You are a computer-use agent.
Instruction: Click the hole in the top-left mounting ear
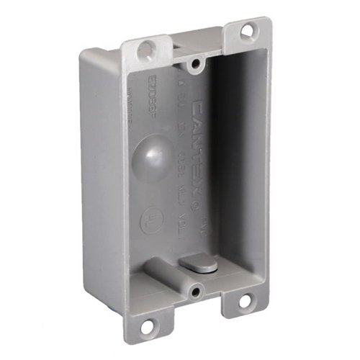146,49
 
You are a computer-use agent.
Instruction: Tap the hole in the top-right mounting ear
247,31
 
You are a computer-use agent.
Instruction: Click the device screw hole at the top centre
195,66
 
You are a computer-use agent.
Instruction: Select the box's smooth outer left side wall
101,180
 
